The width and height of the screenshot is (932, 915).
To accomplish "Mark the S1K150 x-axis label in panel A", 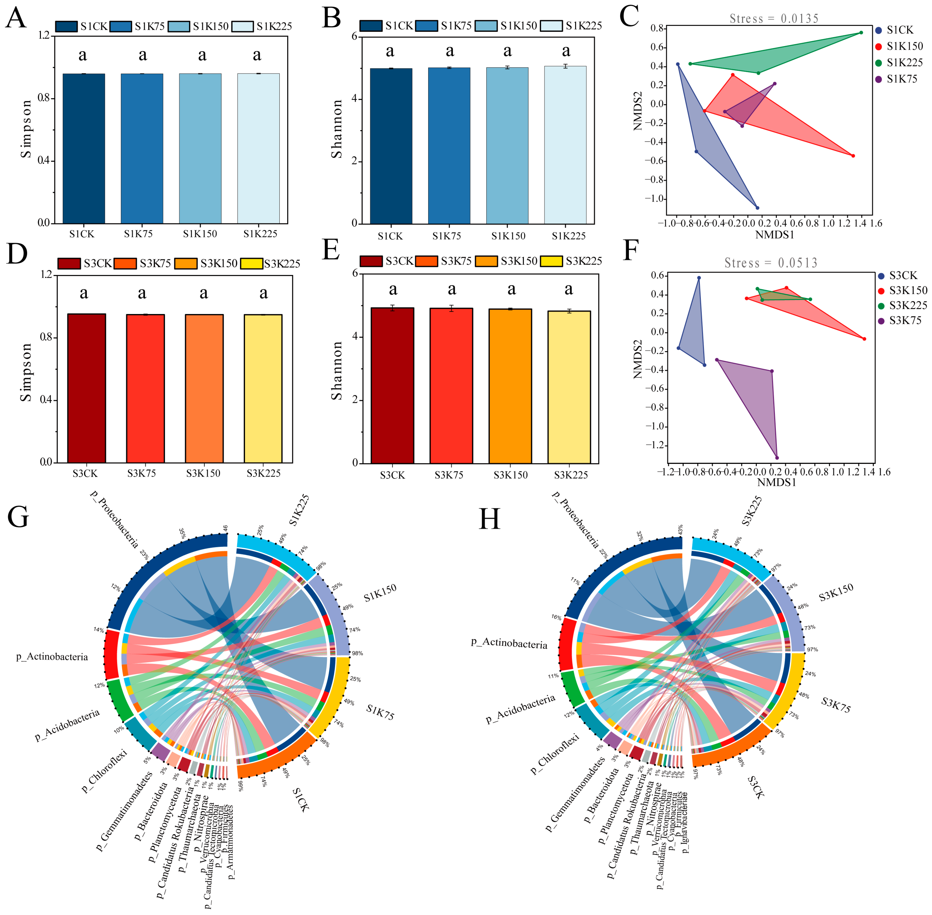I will tap(200, 234).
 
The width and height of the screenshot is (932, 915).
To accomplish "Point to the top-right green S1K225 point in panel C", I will tap(861, 33).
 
